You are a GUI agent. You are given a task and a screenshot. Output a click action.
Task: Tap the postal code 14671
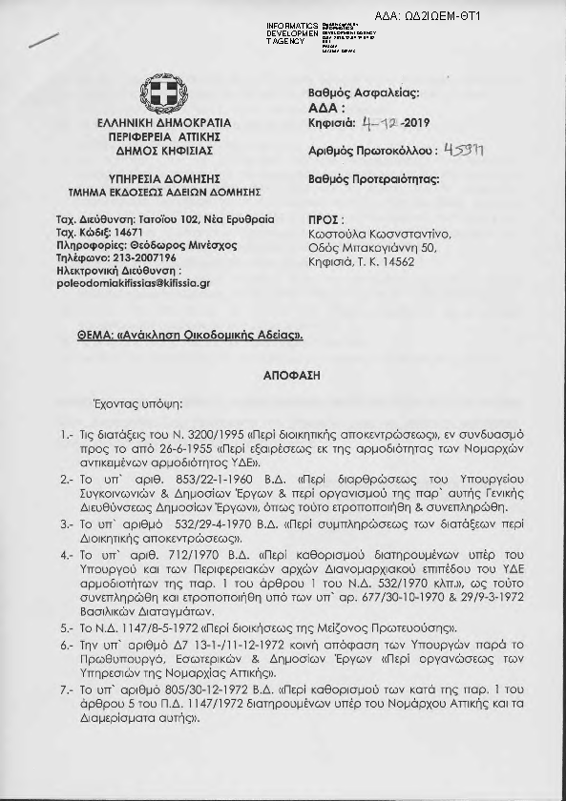point(124,232)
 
